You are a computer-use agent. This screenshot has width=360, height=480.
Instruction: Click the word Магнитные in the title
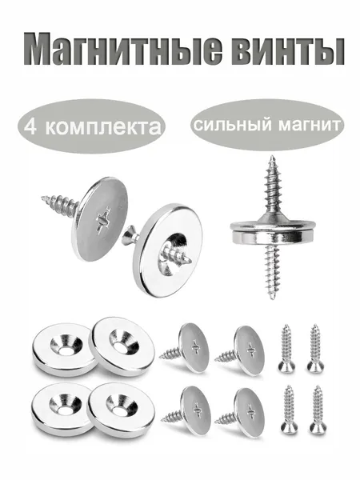tap(123, 49)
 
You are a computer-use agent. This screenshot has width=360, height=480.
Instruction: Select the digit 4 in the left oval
tap(30, 126)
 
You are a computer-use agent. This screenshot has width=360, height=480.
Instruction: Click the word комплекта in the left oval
tap(103, 127)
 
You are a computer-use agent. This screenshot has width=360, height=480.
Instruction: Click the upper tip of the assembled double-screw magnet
tap(271, 156)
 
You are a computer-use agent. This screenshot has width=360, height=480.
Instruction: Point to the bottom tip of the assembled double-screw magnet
tap(272, 298)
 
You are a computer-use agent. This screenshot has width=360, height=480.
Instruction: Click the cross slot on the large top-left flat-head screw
tap(103, 219)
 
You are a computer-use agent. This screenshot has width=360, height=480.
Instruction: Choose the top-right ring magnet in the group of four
tap(122, 346)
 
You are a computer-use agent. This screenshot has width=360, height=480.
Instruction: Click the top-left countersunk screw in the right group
tap(286, 348)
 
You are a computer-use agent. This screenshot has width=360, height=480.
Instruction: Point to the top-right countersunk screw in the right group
tap(315, 348)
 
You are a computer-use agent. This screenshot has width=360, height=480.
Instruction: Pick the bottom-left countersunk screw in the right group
tap(288, 409)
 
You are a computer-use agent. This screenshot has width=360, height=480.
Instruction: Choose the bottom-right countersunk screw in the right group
tap(317, 410)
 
